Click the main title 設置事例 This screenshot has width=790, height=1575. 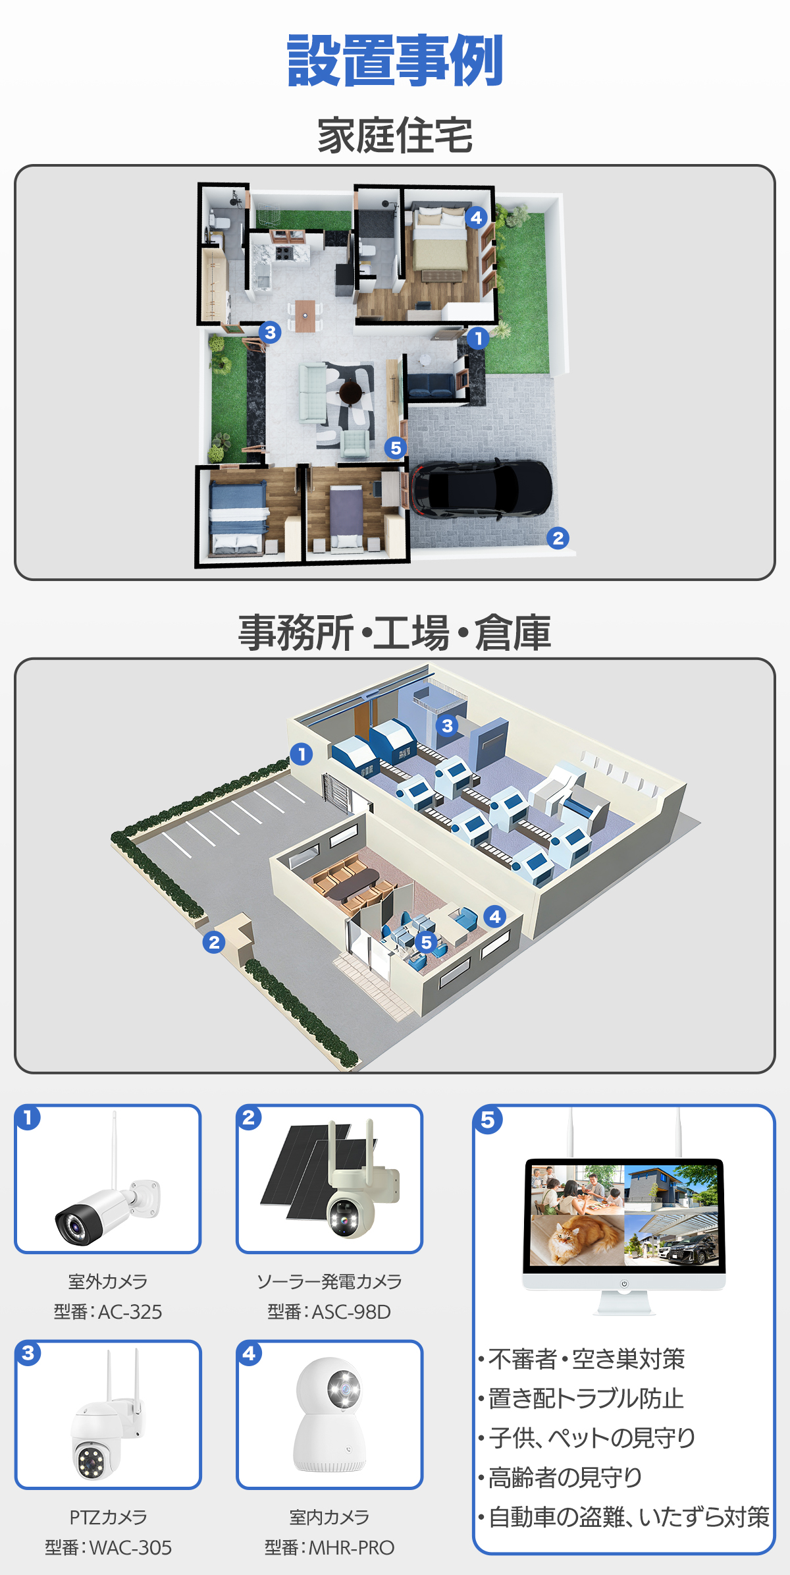click(395, 61)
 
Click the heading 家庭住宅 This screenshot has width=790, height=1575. click(395, 136)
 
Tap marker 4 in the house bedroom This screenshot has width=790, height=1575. click(476, 217)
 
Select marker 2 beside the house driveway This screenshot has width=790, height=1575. click(558, 538)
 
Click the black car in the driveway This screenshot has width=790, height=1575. click(481, 489)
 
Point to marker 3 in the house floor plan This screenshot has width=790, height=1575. click(270, 333)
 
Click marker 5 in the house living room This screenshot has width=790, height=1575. click(395, 449)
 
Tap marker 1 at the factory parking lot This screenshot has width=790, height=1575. click(302, 754)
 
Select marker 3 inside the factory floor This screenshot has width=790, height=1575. click(448, 726)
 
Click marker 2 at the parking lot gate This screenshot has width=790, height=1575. click(214, 943)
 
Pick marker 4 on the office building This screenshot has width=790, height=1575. click(495, 916)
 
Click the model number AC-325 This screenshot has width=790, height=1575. click(130, 1312)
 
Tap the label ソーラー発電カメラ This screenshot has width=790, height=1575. click(329, 1281)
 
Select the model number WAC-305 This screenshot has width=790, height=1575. click(130, 1547)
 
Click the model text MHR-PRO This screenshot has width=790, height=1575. click(352, 1547)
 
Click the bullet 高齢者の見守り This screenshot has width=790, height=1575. click(565, 1478)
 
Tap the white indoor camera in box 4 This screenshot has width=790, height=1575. click(329, 1414)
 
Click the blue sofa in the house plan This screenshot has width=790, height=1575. click(431, 385)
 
